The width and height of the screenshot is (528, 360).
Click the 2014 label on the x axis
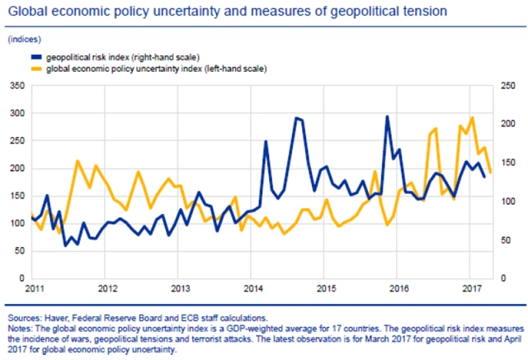click(254, 290)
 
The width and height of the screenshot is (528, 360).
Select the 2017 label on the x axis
click(473, 290)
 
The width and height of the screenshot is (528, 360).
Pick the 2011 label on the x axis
click(34, 290)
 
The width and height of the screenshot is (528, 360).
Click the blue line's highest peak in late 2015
click(387, 116)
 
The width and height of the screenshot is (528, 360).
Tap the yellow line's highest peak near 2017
click(472, 117)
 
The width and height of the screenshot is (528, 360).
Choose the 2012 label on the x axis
click(107, 290)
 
